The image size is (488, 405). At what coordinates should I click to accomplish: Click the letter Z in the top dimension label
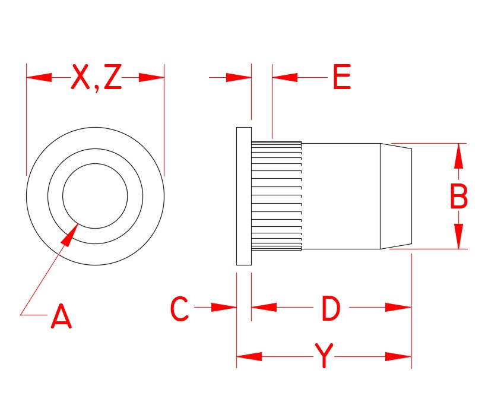(x=112, y=77)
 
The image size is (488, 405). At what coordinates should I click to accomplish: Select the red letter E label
(x=341, y=77)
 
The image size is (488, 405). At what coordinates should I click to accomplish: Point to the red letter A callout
(x=61, y=317)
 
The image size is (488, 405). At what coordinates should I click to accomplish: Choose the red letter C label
(x=179, y=309)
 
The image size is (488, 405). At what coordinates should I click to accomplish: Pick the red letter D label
(x=331, y=309)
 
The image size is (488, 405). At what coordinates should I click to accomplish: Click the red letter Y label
(x=324, y=356)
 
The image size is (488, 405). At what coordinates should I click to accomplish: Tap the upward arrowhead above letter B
(x=458, y=156)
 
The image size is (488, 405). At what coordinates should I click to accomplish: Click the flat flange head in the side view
(x=244, y=196)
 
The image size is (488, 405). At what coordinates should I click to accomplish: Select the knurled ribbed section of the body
(x=277, y=196)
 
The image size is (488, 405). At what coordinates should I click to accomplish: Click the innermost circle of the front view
(x=95, y=196)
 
